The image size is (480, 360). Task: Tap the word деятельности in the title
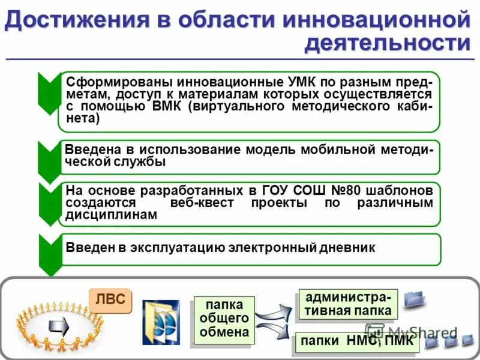[387, 43]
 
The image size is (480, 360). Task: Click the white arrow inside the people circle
[59, 326]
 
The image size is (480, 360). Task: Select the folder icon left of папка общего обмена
[160, 322]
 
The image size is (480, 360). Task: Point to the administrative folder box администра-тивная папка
[349, 304]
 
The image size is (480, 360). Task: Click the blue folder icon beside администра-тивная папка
[413, 298]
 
